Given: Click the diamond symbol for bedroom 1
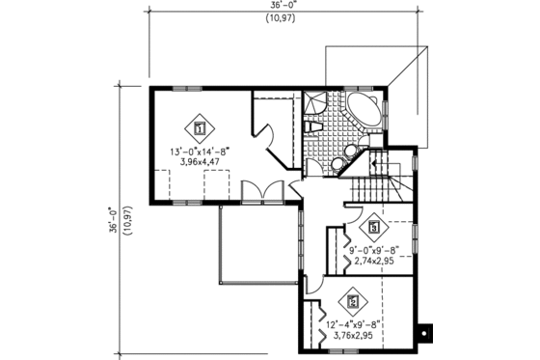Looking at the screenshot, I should tap(200, 125).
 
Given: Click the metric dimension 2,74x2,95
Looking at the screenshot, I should tap(372, 262).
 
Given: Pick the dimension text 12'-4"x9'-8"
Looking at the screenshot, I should tap(353, 324).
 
